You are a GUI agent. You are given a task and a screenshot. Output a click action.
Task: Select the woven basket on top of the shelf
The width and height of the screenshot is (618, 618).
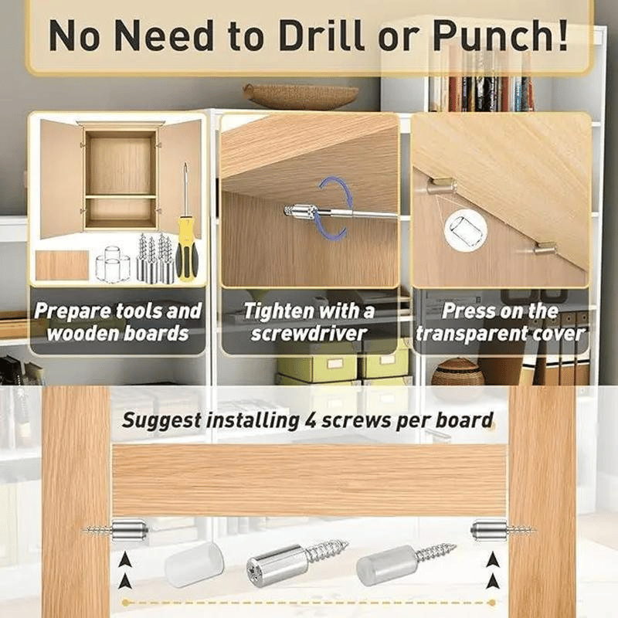(301, 96)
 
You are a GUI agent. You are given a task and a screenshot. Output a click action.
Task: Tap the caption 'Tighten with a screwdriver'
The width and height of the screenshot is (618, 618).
(308, 322)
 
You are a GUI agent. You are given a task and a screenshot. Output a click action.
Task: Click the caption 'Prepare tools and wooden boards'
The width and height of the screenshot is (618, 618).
(117, 322)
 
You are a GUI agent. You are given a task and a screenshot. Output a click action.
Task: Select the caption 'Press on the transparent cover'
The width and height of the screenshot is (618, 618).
(500, 322)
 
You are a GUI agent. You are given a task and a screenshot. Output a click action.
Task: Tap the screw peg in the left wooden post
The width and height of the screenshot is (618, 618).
(117, 530)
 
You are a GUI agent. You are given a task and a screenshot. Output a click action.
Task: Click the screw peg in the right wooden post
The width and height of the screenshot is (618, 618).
(503, 530)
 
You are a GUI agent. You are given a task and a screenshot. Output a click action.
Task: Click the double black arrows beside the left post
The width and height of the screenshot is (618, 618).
(125, 570)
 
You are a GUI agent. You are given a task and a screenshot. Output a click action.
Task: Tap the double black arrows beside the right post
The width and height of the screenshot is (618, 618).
(492, 570)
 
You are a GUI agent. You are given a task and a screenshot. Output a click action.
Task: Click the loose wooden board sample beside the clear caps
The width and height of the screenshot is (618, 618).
(63, 265)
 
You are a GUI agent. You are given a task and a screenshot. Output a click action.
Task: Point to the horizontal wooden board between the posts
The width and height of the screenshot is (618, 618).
(309, 480)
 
